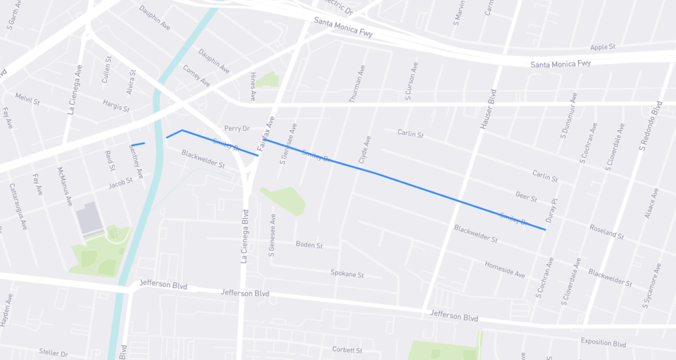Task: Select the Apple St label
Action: tap(602, 47)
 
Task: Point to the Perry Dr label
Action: tap(236, 128)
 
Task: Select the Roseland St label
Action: tap(605, 231)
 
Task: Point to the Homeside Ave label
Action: tap(504, 270)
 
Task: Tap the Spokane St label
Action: tap(347, 273)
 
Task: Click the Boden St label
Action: tap(309, 244)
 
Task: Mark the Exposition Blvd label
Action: tap(603, 343)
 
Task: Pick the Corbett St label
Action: tap(347, 349)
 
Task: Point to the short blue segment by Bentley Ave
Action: tap(138, 144)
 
